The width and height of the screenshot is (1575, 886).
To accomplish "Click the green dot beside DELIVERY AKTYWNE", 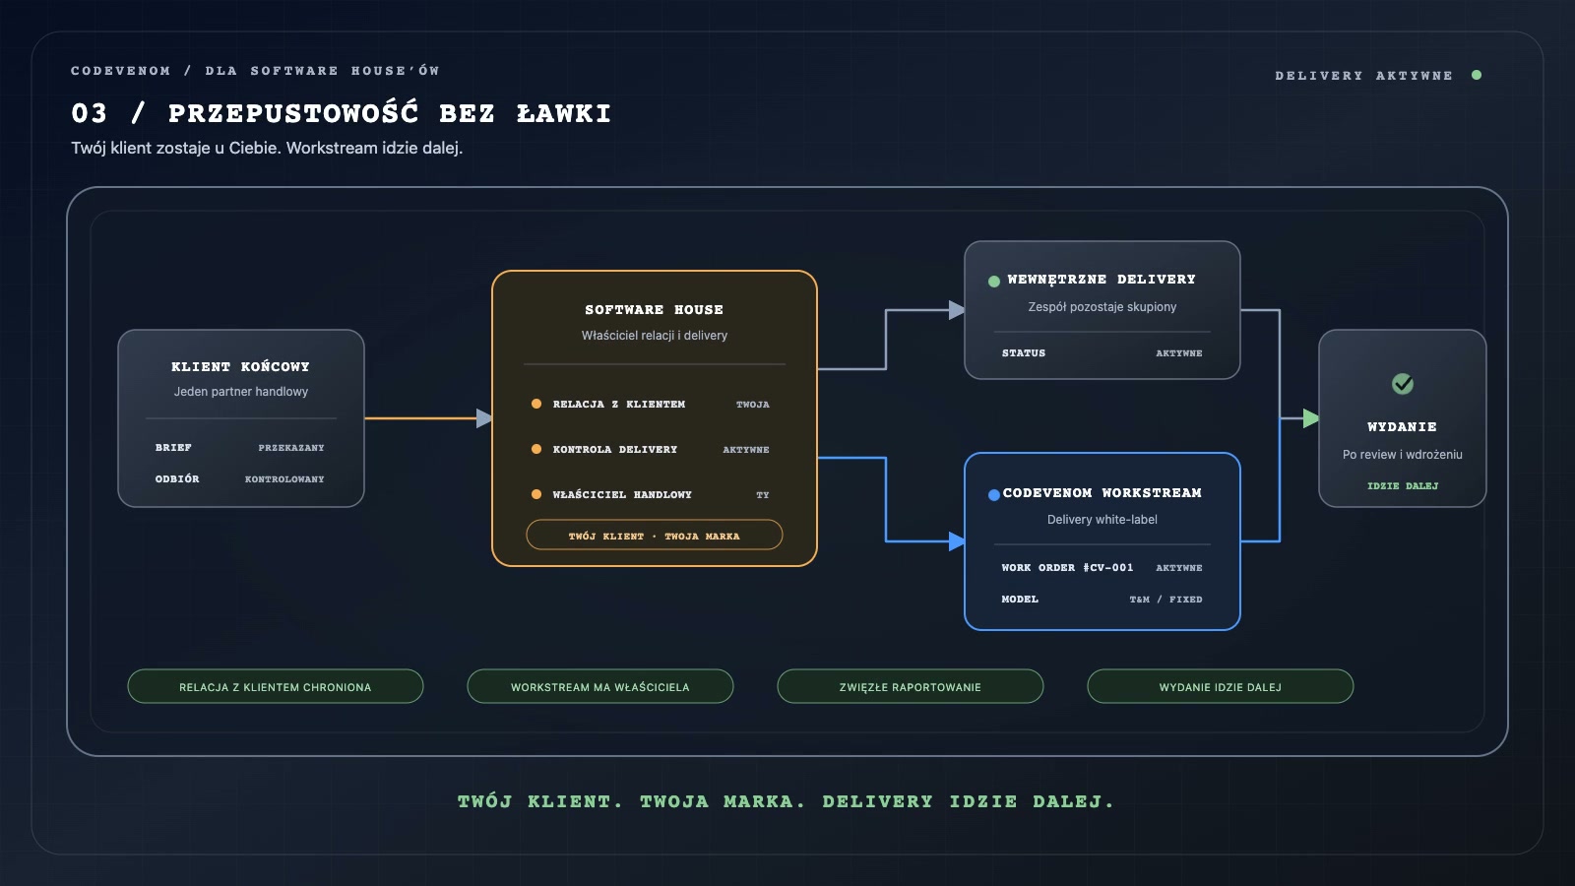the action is coord(1477,75).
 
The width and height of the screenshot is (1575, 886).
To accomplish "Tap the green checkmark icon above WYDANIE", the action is coord(1403,383).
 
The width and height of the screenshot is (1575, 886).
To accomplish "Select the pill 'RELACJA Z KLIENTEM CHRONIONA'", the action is coord(276,686).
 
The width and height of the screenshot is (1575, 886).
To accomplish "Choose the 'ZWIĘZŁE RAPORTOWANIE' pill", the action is coord(910,686).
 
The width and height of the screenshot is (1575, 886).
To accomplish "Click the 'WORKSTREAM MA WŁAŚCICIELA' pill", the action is coord(599,686).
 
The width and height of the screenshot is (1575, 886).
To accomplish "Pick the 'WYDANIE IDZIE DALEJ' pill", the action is coord(1220,686).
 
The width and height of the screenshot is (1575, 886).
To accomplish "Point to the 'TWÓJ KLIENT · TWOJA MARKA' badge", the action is coord(654,536).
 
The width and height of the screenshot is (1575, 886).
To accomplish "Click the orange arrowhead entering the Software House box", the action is coord(483,418).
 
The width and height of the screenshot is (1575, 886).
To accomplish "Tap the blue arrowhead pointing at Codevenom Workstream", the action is coord(956,541).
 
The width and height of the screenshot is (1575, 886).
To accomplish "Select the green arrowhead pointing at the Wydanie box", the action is coord(1310,418).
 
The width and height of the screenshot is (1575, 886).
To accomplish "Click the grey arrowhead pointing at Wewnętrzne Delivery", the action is coord(956,310).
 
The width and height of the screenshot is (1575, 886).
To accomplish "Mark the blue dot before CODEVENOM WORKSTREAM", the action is coord(993,495).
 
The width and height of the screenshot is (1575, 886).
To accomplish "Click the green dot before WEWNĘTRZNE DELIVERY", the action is coord(993,282).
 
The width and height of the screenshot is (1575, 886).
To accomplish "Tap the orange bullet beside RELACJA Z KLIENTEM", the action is coord(536,404).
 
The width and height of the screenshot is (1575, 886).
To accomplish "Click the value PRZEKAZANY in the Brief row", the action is coord(291,448).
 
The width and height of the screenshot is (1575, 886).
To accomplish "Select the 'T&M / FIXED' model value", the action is coord(1165,600).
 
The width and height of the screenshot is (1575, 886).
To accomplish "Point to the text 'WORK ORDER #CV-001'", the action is coord(1067,567).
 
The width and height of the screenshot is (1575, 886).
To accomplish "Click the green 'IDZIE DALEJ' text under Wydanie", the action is coord(1403,486).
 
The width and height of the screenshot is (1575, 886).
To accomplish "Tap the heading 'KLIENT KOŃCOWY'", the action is coord(240,366).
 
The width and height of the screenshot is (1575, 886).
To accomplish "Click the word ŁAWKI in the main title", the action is coord(564,114).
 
